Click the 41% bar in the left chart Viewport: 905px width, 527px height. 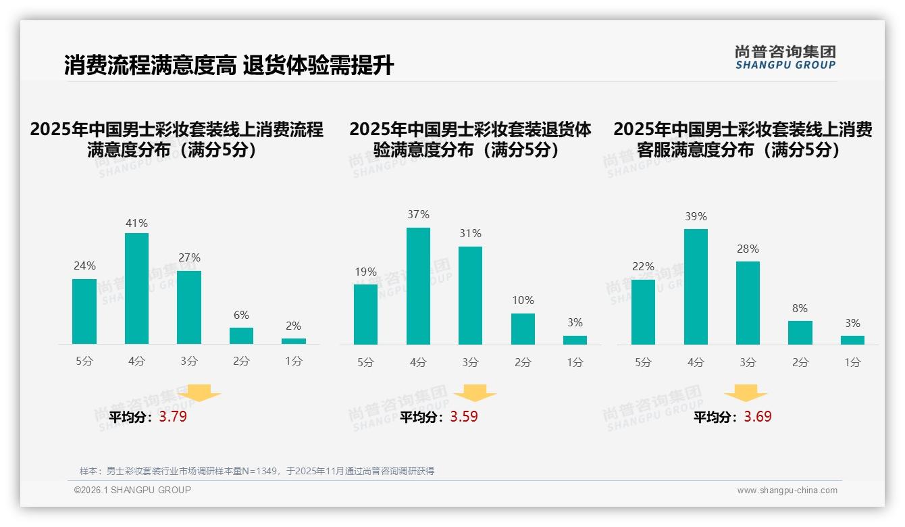[x=136, y=288]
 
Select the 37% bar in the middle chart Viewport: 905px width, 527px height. [x=418, y=286]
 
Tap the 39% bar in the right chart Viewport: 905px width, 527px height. [x=696, y=286]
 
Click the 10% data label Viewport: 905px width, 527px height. [x=523, y=300]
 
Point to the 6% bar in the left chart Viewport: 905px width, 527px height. [x=241, y=336]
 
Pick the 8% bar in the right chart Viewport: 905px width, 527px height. [x=800, y=332]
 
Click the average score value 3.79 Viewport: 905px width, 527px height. [x=173, y=417]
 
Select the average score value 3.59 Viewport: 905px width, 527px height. [x=464, y=417]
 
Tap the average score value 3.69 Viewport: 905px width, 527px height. [x=758, y=417]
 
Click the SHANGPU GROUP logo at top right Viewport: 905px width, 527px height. [x=785, y=57]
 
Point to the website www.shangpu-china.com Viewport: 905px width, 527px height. [x=787, y=491]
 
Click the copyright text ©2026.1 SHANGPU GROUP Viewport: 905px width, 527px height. [x=132, y=490]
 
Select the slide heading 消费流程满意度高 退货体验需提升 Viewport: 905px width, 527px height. [x=229, y=66]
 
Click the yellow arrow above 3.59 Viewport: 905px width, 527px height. [x=475, y=394]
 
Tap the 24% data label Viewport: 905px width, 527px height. [x=84, y=266]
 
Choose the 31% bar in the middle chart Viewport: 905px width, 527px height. [x=470, y=295]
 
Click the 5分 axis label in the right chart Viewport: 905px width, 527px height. [x=643, y=363]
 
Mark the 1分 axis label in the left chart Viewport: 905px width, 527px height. [x=294, y=361]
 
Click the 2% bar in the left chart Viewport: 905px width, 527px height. [x=294, y=341]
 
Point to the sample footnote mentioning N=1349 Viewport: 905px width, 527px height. [x=257, y=471]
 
